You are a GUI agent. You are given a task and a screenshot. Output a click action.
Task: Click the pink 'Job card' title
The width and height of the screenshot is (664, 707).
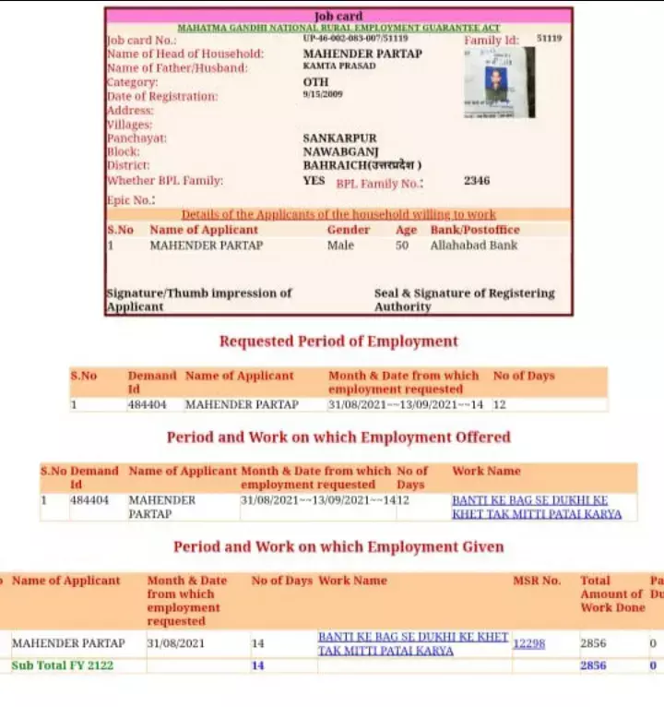[338, 17]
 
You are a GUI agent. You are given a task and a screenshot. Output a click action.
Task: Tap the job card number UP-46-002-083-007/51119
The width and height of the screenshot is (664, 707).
[355, 39]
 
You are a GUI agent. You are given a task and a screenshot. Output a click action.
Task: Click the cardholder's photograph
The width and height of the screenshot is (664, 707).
[499, 83]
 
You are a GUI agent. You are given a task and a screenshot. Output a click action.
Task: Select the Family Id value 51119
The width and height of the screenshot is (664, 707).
[549, 40]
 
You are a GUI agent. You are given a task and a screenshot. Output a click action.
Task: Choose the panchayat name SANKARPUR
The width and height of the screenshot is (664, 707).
[339, 138]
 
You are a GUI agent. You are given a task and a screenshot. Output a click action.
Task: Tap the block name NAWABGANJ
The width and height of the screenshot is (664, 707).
[340, 151]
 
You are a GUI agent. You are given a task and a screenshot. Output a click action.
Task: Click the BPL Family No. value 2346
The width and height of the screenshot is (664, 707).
[477, 181]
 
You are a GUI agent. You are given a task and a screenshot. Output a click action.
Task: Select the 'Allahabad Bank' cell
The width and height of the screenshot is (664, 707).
[473, 246]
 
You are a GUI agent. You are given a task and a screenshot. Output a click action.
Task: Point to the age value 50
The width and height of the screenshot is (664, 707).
[402, 246]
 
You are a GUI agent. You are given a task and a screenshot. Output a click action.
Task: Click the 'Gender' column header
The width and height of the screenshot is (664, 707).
[348, 230]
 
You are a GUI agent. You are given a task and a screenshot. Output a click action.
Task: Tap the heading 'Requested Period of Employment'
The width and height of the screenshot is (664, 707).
[338, 342]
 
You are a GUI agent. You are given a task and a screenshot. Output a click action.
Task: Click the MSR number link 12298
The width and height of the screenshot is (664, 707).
[529, 643]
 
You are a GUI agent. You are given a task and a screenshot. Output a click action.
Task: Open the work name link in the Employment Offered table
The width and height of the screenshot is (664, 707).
[536, 507]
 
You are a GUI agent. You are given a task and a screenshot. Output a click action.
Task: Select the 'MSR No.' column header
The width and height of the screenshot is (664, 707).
[537, 581]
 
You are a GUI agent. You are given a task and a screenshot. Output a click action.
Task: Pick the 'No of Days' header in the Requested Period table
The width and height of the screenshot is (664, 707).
[524, 376]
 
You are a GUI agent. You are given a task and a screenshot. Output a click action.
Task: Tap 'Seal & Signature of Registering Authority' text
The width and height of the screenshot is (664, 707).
[464, 300]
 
